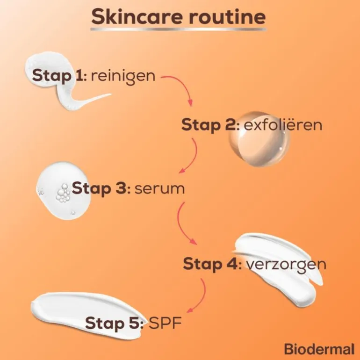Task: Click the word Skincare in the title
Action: point(137,16)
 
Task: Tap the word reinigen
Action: point(123,76)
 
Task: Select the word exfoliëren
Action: point(283,125)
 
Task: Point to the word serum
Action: point(159,189)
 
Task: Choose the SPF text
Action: point(166,323)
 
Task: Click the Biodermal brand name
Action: point(319,349)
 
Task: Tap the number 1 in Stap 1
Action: point(79,75)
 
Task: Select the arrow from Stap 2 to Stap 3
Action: point(194,156)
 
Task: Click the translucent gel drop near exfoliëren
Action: point(259,139)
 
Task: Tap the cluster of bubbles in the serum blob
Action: point(63,193)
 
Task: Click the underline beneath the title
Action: point(179,29)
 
